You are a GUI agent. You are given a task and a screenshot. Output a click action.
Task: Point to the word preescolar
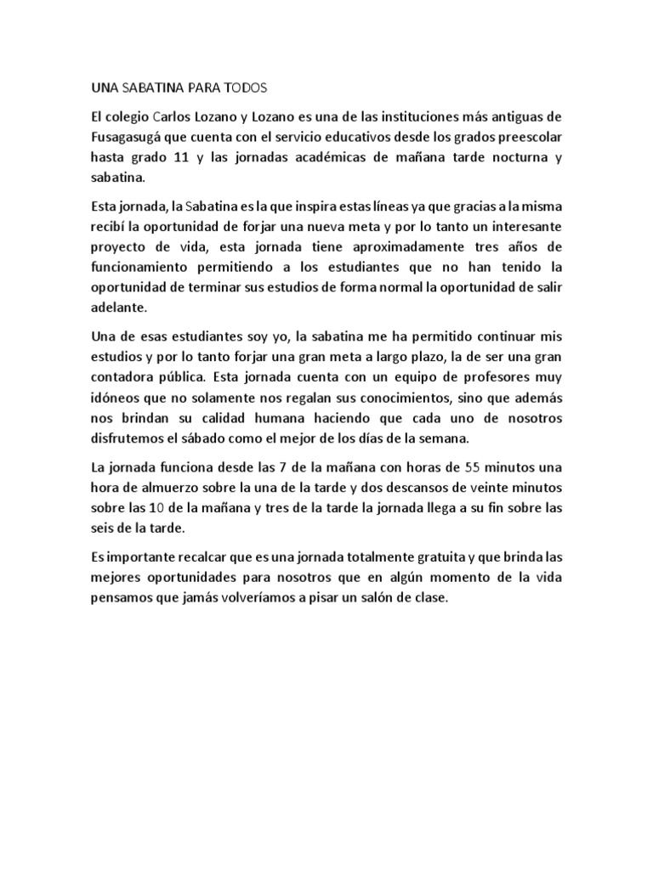pos(526,136)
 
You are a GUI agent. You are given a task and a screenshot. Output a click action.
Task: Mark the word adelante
pos(119,309)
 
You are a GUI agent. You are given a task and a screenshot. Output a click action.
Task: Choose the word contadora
pos(128,378)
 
